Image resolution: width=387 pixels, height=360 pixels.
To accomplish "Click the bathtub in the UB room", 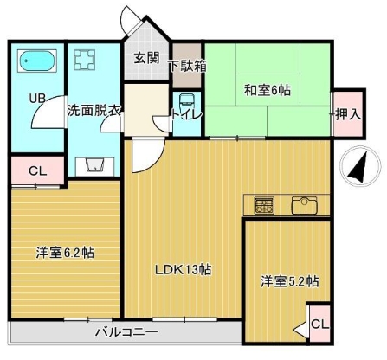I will tap(37, 61).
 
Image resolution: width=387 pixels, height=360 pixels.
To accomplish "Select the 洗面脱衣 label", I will tap(94, 110).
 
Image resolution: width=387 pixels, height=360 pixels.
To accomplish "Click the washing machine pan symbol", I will tap(85, 59).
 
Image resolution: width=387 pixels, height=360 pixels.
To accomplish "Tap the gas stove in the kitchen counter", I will tap(263, 205).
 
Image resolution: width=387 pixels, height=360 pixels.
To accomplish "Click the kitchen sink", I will tap(303, 205).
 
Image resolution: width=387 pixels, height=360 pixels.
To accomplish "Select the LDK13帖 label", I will tap(183, 269).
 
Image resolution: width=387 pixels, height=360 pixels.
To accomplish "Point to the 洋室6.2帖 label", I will tap(65, 253).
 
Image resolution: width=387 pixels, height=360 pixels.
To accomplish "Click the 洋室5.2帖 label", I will tap(290, 281).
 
